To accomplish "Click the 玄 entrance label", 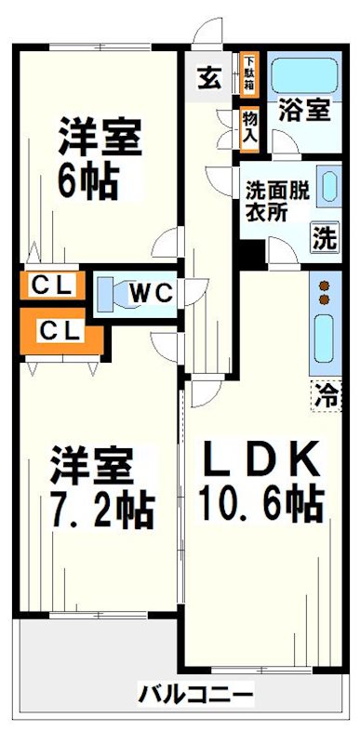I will click(x=208, y=78).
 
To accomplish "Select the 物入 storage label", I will click(x=249, y=127).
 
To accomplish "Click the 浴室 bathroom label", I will click(x=303, y=110).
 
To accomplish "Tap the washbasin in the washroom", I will click(x=329, y=186).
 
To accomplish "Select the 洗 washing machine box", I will click(x=323, y=237).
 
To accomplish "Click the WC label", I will click(x=150, y=292).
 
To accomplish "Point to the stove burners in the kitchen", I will click(x=324, y=292).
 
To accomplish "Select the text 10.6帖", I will click(x=260, y=504).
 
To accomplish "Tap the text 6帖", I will click(x=89, y=180).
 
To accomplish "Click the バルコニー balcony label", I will click(x=195, y=693).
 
